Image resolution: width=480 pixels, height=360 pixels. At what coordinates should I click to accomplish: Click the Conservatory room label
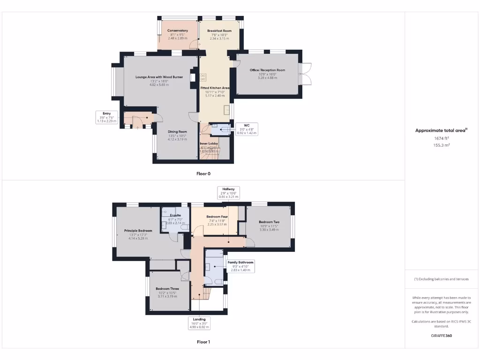coord(178,31)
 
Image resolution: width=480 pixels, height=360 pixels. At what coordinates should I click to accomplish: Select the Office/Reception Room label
coord(267,70)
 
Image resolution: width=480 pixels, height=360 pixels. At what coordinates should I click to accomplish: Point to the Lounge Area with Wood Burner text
coord(159,77)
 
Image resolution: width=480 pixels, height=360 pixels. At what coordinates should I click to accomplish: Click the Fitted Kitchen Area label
coord(215,88)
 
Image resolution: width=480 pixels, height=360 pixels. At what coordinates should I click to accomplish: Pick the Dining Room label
coord(178,132)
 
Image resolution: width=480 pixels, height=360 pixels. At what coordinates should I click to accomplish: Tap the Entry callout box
coord(106,117)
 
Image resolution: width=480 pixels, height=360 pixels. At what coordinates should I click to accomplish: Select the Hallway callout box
coord(228,193)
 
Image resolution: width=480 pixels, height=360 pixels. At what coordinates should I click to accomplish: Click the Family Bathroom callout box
coord(240,266)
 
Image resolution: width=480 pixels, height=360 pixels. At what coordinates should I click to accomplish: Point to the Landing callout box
coord(200,323)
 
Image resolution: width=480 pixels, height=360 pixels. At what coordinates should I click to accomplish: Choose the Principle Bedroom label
coord(138,231)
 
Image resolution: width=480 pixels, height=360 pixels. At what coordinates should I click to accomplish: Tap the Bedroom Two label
coord(269,222)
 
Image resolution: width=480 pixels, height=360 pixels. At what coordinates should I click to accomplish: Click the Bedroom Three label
coord(167,289)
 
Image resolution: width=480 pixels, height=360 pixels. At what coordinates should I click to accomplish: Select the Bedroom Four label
coord(217,217)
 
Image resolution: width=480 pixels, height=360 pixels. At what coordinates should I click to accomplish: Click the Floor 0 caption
coord(203,173)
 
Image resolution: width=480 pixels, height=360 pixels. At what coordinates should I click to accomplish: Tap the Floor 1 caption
coord(203,342)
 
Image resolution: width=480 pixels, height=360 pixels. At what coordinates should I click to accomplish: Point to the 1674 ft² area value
coord(442,139)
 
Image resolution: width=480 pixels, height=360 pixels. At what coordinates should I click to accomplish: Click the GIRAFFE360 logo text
coord(442,336)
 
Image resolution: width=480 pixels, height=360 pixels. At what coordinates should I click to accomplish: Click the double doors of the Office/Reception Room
coord(306,74)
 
